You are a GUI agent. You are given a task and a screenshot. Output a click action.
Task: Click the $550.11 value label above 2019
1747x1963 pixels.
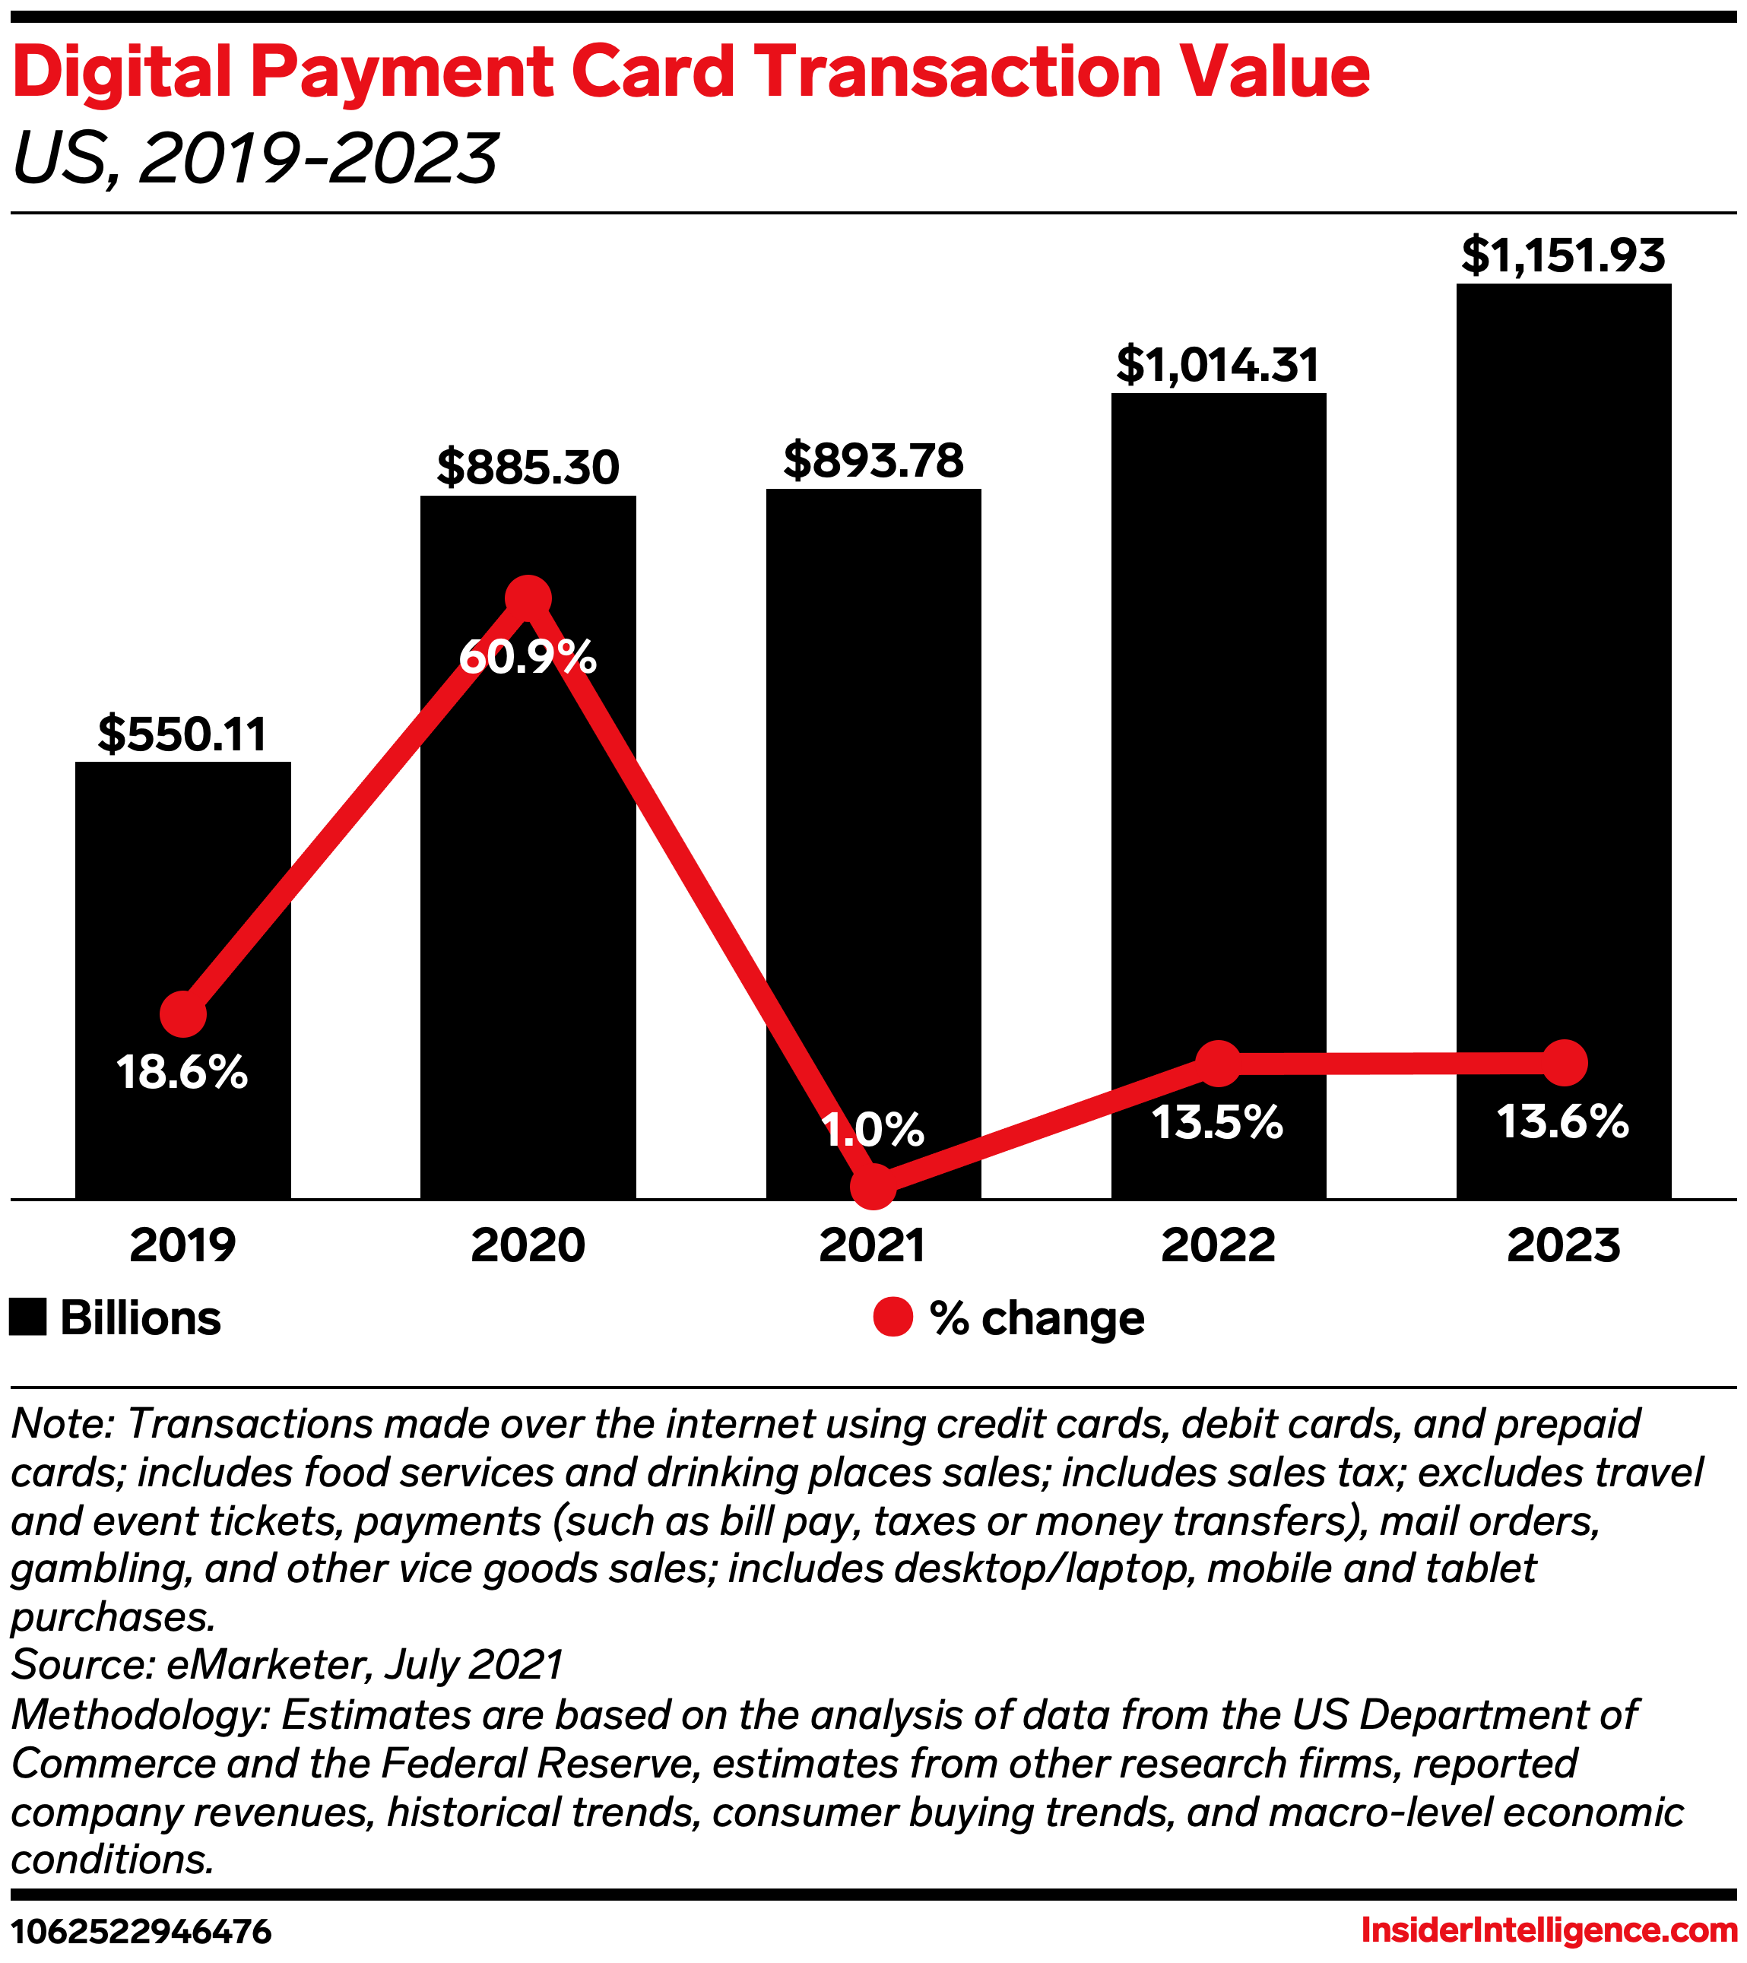182,734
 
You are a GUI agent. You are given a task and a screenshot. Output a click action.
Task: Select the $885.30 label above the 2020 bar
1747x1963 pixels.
528,468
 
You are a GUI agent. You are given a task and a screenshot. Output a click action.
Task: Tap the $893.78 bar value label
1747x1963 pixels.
873,461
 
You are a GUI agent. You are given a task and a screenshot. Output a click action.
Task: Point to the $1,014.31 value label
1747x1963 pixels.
1218,365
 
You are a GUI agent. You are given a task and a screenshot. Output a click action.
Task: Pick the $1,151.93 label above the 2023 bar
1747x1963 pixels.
1564,255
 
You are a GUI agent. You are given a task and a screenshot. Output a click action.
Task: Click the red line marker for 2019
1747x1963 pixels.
182,1014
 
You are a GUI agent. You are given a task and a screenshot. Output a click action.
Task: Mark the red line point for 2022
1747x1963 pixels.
1219,1063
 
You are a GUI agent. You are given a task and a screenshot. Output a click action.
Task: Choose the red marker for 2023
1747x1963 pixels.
1565,1062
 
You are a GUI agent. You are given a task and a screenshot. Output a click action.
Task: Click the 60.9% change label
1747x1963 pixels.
528,658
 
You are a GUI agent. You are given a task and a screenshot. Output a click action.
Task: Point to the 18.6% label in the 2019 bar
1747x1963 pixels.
182,1072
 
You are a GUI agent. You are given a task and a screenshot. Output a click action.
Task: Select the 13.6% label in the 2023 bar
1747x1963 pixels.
1564,1121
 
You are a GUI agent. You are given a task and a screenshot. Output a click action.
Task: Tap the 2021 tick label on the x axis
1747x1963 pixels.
873,1245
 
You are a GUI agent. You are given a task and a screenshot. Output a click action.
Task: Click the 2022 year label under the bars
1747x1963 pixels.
1218,1245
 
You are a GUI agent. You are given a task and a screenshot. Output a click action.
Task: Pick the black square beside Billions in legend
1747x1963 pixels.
28,1317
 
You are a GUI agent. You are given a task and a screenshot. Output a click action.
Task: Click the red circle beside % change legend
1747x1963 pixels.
893,1317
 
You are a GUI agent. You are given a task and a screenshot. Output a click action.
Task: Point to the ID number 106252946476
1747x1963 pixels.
141,1930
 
